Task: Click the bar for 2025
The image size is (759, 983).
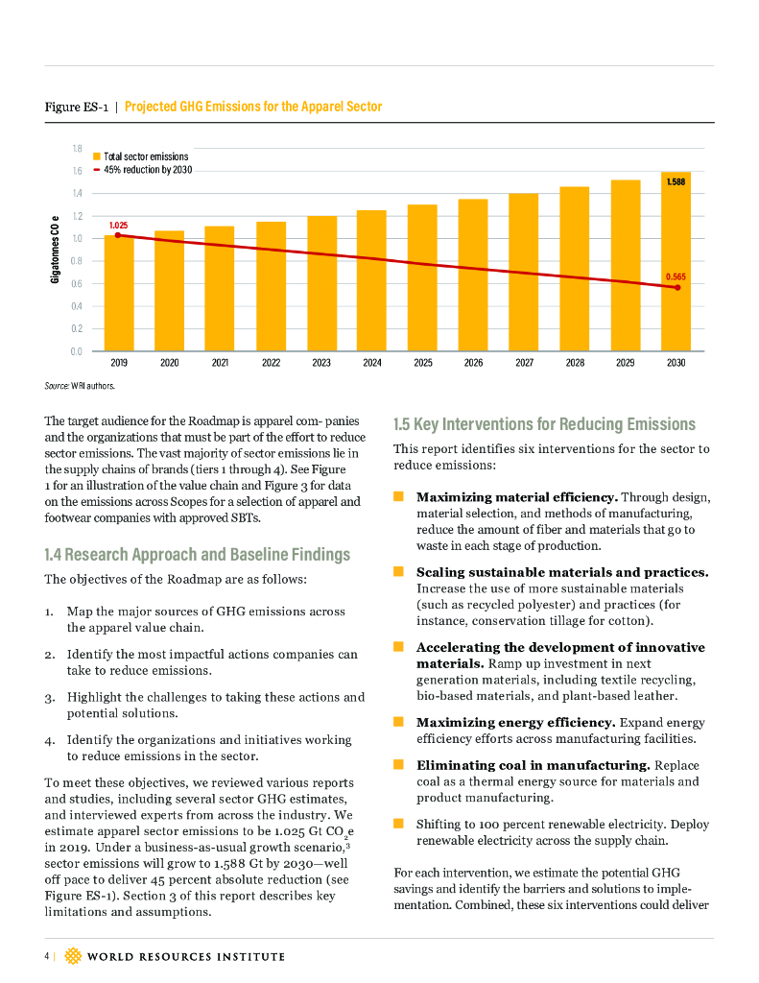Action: pos(422,277)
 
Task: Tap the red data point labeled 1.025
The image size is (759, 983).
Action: pos(118,235)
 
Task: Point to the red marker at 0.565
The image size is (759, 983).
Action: pos(676,287)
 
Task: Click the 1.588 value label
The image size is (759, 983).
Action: pos(676,180)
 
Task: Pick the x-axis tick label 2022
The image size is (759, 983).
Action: pos(271,364)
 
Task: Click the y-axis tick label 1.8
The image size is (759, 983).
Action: pos(77,149)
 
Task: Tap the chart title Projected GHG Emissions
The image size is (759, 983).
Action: pos(253,107)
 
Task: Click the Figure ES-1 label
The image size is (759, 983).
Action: pos(76,107)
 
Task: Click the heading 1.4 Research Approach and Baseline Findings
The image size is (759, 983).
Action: pos(197,554)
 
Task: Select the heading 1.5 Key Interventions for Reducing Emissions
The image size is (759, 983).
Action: pos(544,423)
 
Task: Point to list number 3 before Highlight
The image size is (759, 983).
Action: pos(49,697)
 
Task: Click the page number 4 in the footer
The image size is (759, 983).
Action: pos(45,956)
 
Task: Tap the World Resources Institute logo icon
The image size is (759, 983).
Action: pos(74,956)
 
